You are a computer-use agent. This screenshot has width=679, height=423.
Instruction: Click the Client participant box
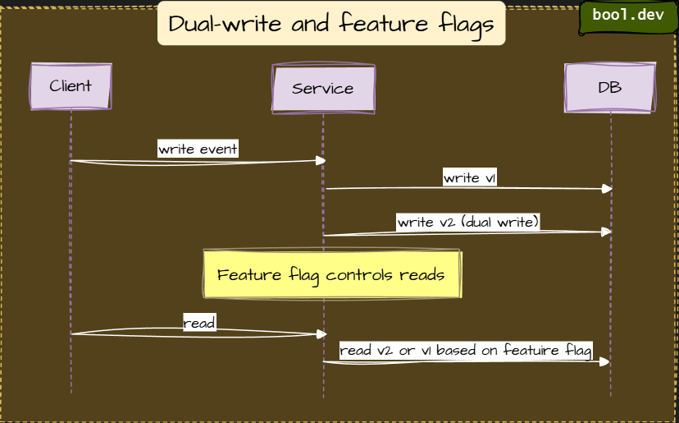[71, 86]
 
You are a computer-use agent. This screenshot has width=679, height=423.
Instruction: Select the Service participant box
[323, 89]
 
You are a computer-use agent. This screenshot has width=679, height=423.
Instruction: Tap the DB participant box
[609, 87]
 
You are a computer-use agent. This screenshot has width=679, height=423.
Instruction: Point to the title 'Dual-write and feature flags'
[331, 24]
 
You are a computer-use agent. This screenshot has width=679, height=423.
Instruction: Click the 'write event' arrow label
[198, 149]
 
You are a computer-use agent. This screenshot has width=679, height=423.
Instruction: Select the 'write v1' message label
[469, 177]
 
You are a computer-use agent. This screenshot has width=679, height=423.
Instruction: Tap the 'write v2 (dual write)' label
[467, 222]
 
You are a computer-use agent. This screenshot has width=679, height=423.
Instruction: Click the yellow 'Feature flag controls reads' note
[331, 274]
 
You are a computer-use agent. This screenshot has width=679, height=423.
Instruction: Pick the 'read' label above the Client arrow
[199, 323]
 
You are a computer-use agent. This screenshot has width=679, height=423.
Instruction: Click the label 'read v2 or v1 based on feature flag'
[466, 351]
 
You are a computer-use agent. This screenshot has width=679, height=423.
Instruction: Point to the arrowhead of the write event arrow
[321, 161]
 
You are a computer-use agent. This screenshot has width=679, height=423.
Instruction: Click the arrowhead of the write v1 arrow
[608, 189]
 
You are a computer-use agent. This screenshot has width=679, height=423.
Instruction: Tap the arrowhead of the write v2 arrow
[608, 232]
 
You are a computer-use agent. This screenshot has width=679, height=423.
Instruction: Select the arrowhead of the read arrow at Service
[321, 334]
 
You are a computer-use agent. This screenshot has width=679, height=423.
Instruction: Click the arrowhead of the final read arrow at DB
[605, 361]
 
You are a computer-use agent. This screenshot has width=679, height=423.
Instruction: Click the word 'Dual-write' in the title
[214, 24]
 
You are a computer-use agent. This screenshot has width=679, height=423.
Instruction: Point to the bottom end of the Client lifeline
[71, 393]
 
